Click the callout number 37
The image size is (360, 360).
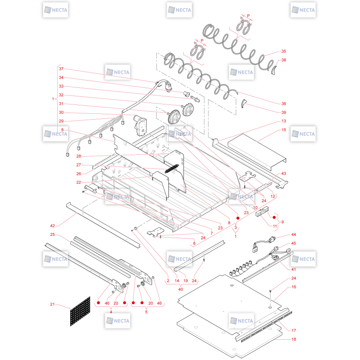(61, 69)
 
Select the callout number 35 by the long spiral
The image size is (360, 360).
(283, 51)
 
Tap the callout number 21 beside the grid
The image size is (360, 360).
(52, 304)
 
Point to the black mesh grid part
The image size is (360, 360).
(80, 311)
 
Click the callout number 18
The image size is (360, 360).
(294, 339)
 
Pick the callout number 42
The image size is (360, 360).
(52, 226)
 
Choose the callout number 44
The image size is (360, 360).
(294, 234)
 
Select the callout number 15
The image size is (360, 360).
(283, 130)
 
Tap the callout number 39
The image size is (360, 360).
(283, 112)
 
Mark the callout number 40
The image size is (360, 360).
(180, 289)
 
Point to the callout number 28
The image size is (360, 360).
(78, 156)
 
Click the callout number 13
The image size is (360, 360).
(283, 121)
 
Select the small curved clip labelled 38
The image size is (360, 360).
(274, 70)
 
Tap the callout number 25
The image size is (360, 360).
(52, 234)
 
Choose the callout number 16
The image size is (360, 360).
(294, 287)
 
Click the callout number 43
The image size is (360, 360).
(283, 173)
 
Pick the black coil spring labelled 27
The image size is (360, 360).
(172, 168)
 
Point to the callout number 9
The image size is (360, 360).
(283, 222)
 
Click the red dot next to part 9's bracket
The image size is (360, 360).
(274, 217)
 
